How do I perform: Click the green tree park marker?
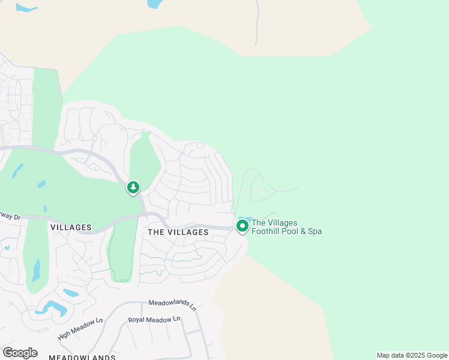pyautogui.click(x=133, y=188)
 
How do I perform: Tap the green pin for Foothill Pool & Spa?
pyautogui.click(x=243, y=226)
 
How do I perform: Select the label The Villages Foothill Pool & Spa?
pyautogui.click(x=286, y=227)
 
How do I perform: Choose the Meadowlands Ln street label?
pyautogui.click(x=173, y=304)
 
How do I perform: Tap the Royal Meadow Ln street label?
pyautogui.click(x=154, y=320)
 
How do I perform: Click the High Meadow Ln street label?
pyautogui.click(x=80, y=329)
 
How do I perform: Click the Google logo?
pyautogui.click(x=20, y=353)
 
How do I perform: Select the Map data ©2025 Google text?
pyautogui.click(x=412, y=355)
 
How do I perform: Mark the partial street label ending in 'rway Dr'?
pyautogui.click(x=10, y=217)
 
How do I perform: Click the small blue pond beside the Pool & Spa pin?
pyautogui.click(x=244, y=218)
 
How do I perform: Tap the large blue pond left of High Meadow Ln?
pyautogui.click(x=51, y=308)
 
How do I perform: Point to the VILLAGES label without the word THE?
pyautogui.click(x=71, y=227)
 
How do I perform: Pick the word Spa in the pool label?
pyautogui.click(x=315, y=231)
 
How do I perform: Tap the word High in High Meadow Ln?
pyautogui.click(x=65, y=334)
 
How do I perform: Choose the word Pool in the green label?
pyautogui.click(x=293, y=231)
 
